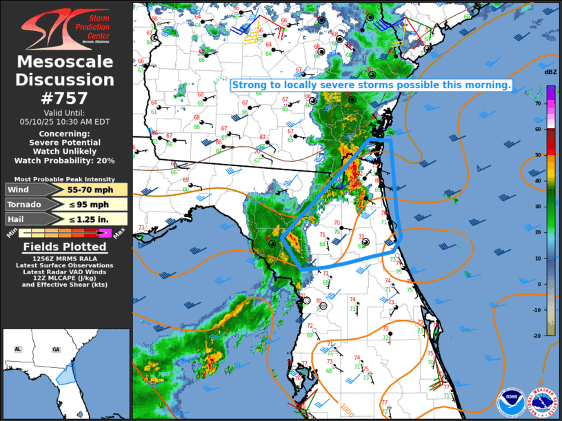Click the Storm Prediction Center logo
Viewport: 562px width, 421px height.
pyautogui.click(x=66, y=28)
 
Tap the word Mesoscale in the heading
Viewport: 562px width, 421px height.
pyautogui.click(x=66, y=62)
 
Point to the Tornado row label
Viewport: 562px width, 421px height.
pyautogui.click(x=25, y=205)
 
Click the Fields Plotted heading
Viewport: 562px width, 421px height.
pyautogui.click(x=66, y=247)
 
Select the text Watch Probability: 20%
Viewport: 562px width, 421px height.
pyautogui.click(x=66, y=161)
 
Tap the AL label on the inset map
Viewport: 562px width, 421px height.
pyautogui.click(x=18, y=349)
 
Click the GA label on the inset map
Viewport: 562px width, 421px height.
pyautogui.click(x=56, y=349)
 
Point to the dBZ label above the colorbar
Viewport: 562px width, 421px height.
pyautogui.click(x=550, y=72)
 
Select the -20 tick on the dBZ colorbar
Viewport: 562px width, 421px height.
pyautogui.click(x=536, y=336)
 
